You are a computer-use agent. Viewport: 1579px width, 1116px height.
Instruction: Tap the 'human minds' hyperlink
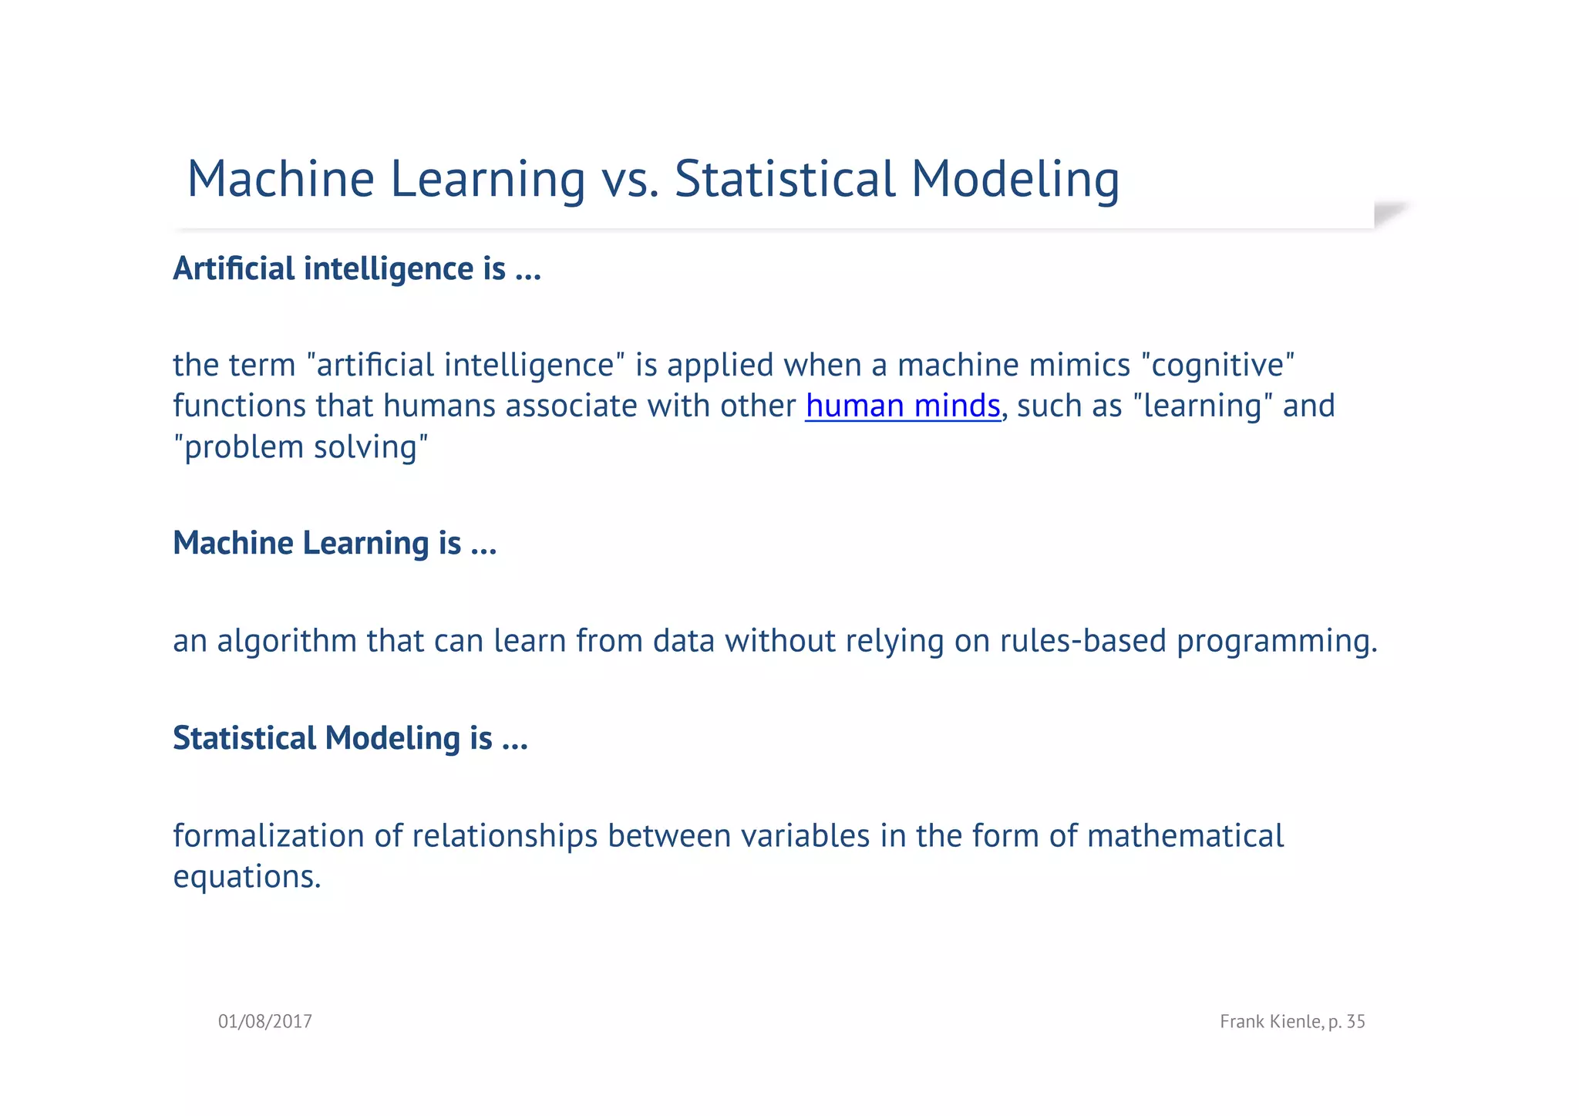coord(902,406)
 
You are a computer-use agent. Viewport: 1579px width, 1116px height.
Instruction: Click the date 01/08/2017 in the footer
coord(264,1021)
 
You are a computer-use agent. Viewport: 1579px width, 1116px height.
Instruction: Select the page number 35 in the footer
coord(1355,1021)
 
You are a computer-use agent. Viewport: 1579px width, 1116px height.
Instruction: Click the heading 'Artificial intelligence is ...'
coord(357,268)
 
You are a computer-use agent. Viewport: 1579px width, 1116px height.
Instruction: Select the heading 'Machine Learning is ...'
coord(335,543)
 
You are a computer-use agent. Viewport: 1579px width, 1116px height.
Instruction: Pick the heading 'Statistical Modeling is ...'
coord(350,738)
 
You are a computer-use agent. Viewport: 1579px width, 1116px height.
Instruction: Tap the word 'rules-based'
coord(1082,641)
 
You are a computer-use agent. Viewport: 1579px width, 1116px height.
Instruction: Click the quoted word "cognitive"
coord(1217,365)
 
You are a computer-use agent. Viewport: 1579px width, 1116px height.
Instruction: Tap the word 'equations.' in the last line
coord(247,877)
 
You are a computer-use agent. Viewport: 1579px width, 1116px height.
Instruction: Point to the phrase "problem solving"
coord(300,447)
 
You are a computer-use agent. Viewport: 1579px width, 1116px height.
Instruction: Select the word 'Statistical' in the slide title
coord(784,179)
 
